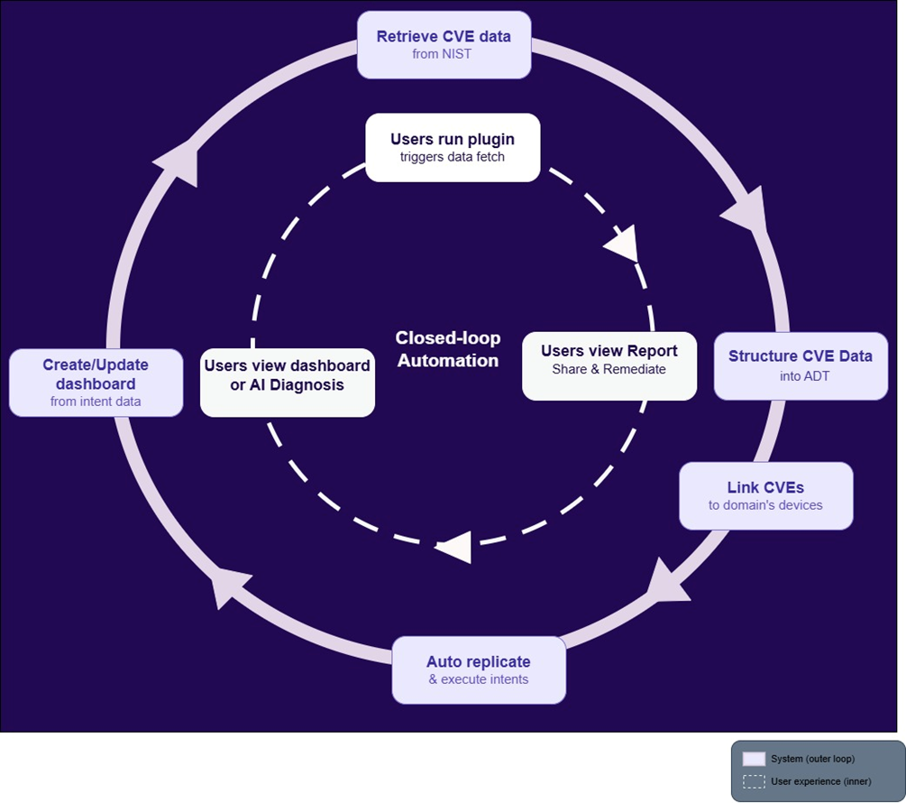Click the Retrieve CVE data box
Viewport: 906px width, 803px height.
[x=444, y=44]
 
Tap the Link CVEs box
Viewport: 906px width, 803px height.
[x=765, y=495]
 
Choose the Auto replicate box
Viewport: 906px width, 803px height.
[x=479, y=669]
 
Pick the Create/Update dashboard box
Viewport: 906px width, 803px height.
[x=96, y=383]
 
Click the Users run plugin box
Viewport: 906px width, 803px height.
[x=453, y=147]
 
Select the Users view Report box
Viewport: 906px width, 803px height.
[x=609, y=359]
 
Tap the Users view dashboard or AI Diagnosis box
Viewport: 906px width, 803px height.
[x=287, y=383]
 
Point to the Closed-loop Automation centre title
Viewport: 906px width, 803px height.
[x=447, y=349]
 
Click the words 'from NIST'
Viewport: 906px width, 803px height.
[x=444, y=54]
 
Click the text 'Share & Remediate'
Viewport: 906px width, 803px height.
[x=609, y=369]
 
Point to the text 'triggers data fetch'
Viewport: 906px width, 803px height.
[x=453, y=157]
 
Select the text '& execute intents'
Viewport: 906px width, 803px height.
[x=479, y=679]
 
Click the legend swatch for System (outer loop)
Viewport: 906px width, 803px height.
[x=754, y=759]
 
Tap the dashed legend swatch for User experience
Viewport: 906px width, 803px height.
[x=754, y=781]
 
